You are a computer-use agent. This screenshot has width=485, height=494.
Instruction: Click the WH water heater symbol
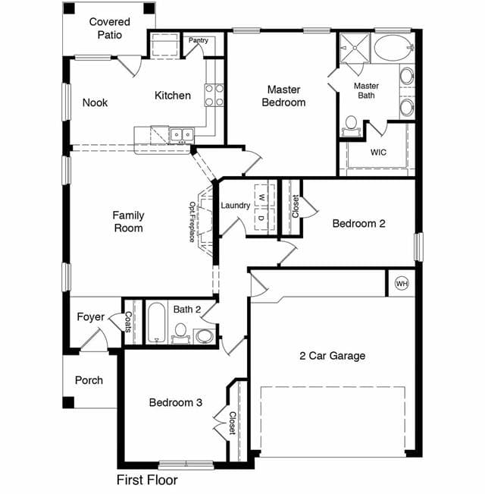[402, 284]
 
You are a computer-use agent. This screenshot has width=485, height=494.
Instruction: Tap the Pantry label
[198, 40]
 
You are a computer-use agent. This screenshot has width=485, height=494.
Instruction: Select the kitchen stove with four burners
[214, 95]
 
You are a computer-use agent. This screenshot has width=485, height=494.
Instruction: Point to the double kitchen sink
[182, 135]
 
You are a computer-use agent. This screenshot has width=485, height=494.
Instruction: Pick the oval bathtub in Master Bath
[393, 48]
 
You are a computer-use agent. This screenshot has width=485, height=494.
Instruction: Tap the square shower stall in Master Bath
[355, 48]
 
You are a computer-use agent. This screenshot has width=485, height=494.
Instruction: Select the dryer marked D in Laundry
[261, 219]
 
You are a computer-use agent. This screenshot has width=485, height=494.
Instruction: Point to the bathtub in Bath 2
[156, 323]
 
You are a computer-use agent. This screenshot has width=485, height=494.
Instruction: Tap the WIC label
[378, 153]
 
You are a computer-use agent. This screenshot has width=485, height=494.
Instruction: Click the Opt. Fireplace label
[192, 222]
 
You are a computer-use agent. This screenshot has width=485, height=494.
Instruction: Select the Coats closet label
[128, 322]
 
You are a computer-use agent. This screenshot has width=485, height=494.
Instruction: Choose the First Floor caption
[147, 480]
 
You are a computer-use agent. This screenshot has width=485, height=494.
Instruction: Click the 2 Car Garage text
[333, 356]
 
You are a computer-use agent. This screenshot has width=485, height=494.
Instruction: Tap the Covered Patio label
[109, 28]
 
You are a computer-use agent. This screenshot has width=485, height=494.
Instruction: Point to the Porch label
[89, 380]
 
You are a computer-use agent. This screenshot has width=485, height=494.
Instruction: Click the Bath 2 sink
[205, 336]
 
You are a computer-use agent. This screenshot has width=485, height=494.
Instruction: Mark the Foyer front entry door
[95, 340]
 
